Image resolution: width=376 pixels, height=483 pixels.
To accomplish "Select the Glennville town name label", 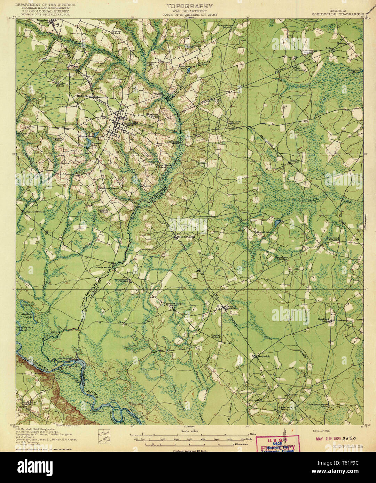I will (130, 124).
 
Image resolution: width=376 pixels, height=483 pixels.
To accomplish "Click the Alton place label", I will (148, 186).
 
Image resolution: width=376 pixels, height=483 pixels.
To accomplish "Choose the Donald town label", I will (231, 307).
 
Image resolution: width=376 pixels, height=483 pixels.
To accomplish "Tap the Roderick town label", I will (264, 357).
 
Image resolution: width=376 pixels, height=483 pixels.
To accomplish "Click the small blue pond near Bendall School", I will (277, 221).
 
